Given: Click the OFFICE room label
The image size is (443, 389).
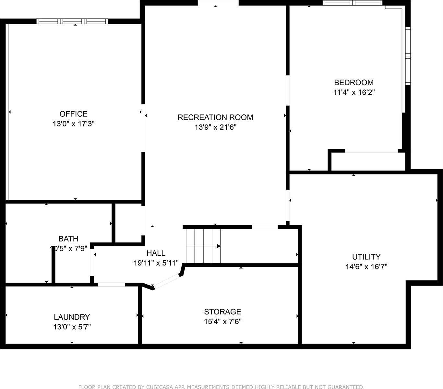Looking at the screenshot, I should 73,114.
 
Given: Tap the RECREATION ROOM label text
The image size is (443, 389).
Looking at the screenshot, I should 215,117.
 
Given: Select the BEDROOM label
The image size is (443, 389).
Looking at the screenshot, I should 354,82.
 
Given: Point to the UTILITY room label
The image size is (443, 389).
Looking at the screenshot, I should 366,257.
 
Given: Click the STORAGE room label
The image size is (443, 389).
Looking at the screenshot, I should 222,312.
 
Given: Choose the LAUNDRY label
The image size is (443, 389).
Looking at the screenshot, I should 72,317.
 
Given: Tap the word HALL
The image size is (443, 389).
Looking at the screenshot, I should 156,253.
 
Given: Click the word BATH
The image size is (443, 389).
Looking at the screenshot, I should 68,239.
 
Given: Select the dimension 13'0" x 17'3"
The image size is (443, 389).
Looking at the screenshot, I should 73,124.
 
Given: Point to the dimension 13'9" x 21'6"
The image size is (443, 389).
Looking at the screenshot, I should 215,127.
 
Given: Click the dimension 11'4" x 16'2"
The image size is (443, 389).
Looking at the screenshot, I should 354,92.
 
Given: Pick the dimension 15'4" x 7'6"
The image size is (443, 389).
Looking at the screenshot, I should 222,322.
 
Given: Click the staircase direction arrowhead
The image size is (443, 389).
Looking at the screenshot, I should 219,246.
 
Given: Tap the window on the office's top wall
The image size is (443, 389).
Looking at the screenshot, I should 72,21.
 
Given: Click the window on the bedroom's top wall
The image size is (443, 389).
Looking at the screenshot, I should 352,3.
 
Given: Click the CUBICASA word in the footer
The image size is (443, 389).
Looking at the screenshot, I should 153,387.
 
